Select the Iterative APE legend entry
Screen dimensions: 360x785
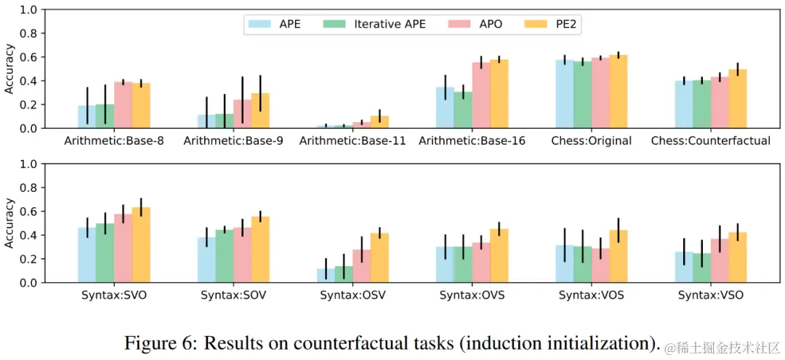pyautogui.click(x=390, y=24)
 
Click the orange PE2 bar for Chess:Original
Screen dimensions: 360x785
pyautogui.click(x=618, y=92)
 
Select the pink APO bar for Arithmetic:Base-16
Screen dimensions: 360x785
pyautogui.click(x=480, y=95)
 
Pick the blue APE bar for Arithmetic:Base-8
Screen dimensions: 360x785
pyautogui.click(x=87, y=117)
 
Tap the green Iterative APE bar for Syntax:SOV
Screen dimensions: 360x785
pyautogui.click(x=224, y=256)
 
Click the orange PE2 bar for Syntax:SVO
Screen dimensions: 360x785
pyautogui.click(x=141, y=245)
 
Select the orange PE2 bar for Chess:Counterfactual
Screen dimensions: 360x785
pyautogui.click(x=737, y=99)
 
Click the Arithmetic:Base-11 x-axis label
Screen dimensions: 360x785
pyautogui.click(x=353, y=140)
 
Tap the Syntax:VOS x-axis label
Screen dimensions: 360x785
pyautogui.click(x=592, y=295)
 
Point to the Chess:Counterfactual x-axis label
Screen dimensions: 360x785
pyautogui.click(x=711, y=140)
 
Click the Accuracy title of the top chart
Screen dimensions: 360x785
pyautogui.click(x=9, y=68)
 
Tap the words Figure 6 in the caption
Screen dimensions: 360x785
pyautogui.click(x=156, y=343)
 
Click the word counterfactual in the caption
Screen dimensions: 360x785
pyautogui.click(x=335, y=343)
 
